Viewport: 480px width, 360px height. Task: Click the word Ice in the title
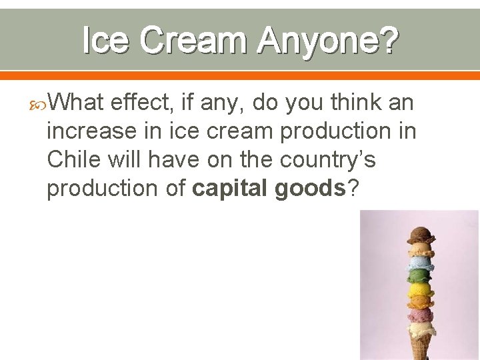coord(107,41)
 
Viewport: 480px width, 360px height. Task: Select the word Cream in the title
coord(193,41)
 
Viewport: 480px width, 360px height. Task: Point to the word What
coord(76,103)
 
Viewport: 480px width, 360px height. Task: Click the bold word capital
coord(231,188)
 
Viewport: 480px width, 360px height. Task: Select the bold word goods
coord(309,188)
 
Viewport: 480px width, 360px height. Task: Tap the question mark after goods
coord(353,188)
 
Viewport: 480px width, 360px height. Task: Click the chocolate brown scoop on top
coord(421,235)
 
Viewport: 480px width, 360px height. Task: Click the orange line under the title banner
coord(240,75)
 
